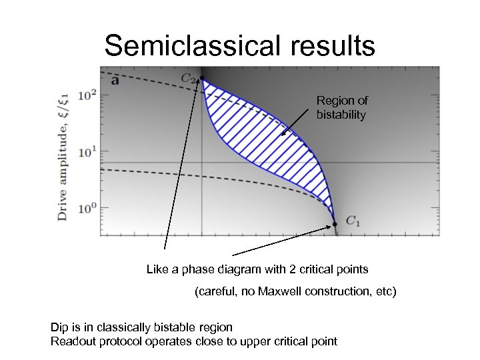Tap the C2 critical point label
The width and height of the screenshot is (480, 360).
click(189, 78)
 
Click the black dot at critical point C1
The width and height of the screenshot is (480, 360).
click(335, 224)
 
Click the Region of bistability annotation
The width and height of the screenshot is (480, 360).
click(341, 107)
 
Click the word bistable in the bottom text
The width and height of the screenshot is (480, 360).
click(169, 327)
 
